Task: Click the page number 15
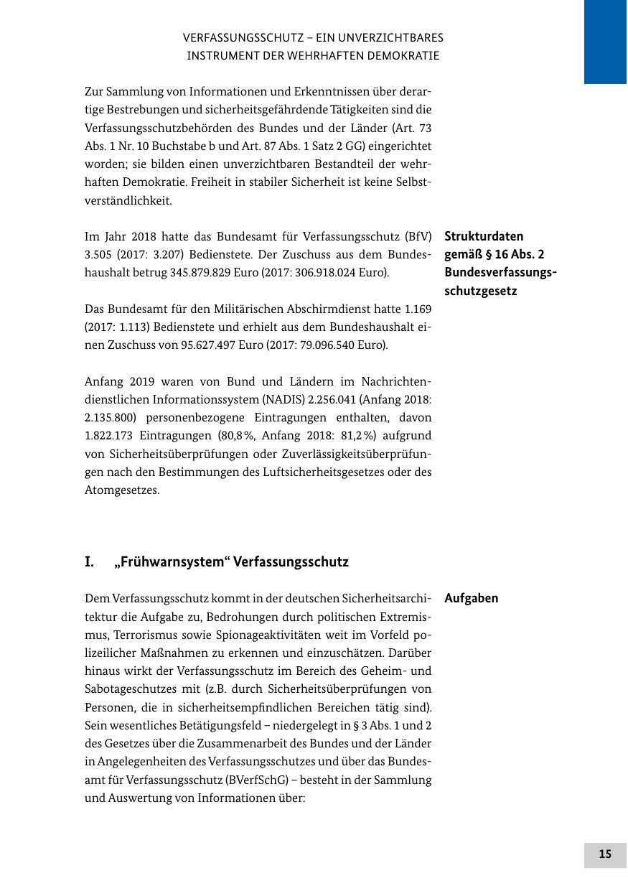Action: [605, 854]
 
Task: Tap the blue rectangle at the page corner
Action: [605, 42]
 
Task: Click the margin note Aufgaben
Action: [472, 599]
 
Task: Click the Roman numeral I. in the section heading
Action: [90, 562]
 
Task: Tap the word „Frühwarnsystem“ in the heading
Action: [171, 562]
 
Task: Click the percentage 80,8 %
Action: [235, 436]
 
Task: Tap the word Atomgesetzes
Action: [122, 491]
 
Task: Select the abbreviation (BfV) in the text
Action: [418, 236]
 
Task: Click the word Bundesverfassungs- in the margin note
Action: [501, 273]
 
